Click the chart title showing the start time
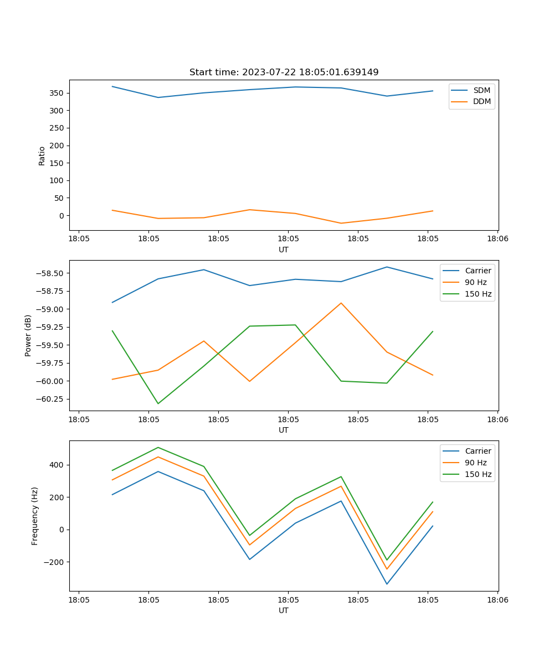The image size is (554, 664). (284, 72)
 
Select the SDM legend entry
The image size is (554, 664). (481, 90)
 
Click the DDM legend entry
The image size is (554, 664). (481, 102)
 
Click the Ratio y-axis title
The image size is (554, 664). (42, 155)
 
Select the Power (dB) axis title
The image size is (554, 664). (28, 335)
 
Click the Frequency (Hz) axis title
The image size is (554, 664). (35, 516)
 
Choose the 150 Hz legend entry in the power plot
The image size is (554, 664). (478, 294)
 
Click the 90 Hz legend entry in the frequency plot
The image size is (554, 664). (475, 463)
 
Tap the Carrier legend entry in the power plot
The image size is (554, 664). (478, 271)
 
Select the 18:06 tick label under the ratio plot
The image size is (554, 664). (497, 239)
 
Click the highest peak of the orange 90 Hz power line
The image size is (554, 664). (341, 303)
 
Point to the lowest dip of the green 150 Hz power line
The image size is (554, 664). (158, 403)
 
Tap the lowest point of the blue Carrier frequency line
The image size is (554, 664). (387, 584)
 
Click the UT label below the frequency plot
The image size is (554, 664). (284, 610)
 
